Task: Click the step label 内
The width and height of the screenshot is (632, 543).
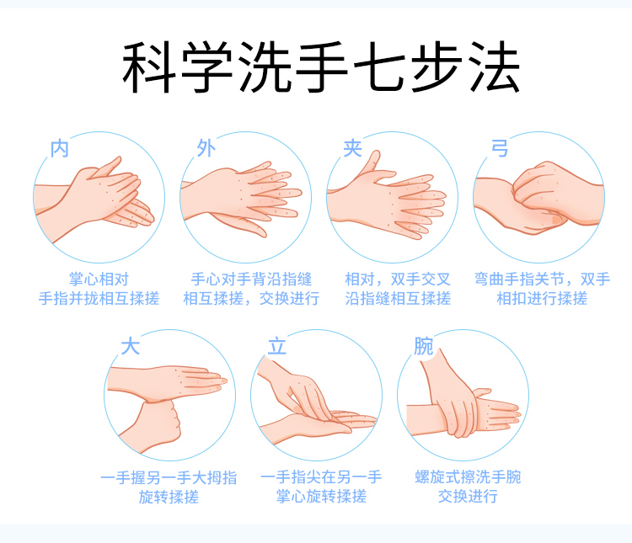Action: pos(60,148)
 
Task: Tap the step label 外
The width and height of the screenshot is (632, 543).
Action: pos(206,148)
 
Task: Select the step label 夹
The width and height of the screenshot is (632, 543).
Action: pos(353,148)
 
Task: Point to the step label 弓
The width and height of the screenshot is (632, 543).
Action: pos(500,148)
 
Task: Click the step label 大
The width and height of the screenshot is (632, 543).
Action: pos(131,346)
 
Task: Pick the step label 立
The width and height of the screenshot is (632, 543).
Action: pos(277,346)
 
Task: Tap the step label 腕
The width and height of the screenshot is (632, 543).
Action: pos(424,346)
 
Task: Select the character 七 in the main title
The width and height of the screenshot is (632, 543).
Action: pos(379,67)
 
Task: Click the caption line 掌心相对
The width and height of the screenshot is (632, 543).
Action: pos(99,279)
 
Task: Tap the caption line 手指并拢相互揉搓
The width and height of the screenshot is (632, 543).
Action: pos(99,299)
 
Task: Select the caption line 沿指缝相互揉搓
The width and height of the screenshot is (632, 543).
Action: pos(398,299)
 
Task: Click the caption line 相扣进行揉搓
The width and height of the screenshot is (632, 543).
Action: pos(542,299)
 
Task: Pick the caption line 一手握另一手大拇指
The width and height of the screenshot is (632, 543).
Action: pos(169,477)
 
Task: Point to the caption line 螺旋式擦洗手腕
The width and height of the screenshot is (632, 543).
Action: pos(468,477)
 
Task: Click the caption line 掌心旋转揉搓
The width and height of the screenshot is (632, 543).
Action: pos(321,496)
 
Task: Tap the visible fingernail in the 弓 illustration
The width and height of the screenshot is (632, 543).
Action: pos(557,220)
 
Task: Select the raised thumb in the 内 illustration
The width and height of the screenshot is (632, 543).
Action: pos(107,167)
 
